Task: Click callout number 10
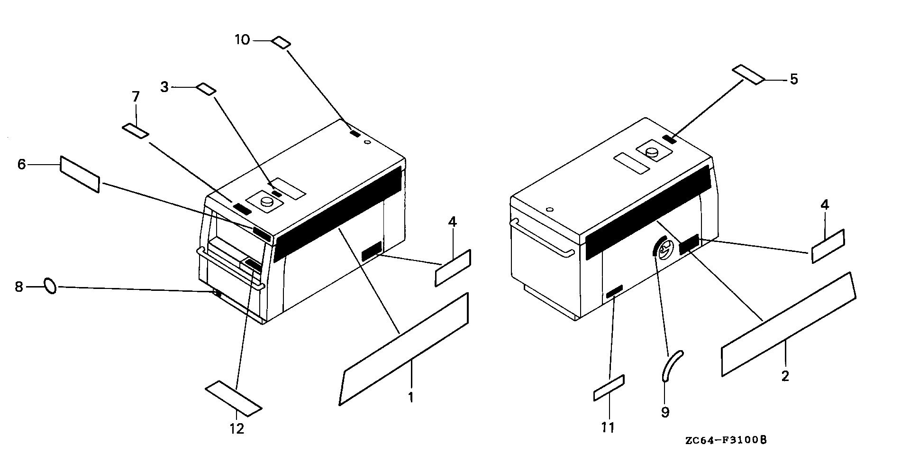click(x=242, y=40)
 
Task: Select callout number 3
click(x=164, y=87)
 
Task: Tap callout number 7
click(x=136, y=97)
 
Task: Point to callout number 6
click(x=21, y=165)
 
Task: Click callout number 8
click(x=19, y=287)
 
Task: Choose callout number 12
click(x=237, y=428)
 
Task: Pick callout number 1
click(x=411, y=397)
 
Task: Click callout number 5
click(x=793, y=79)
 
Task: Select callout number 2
click(x=785, y=376)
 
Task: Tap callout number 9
click(x=665, y=412)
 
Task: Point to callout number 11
click(x=608, y=427)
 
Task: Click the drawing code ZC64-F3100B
click(x=726, y=441)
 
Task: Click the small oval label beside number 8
click(x=50, y=286)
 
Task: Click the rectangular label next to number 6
click(x=80, y=174)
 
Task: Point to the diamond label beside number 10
click(x=281, y=42)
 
